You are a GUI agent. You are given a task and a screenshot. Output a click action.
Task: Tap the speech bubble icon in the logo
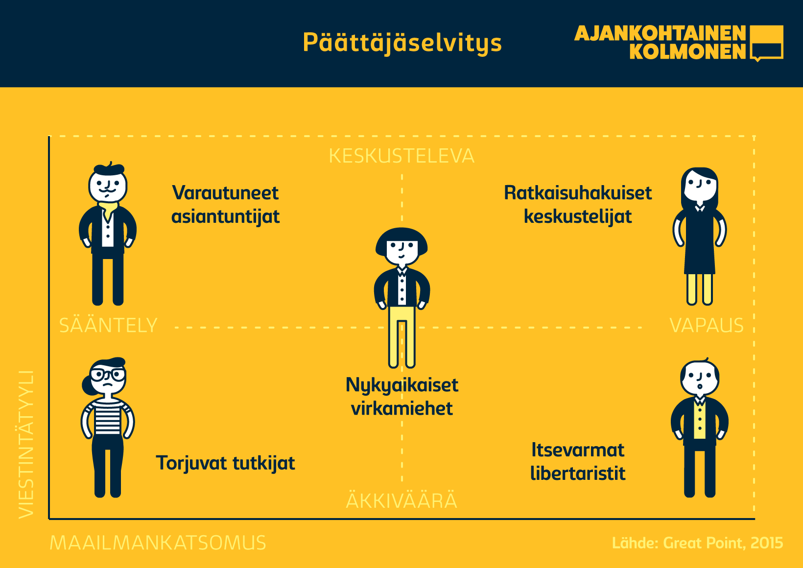[x=766, y=42]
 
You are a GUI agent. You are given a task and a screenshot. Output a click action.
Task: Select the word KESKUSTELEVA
[x=401, y=156]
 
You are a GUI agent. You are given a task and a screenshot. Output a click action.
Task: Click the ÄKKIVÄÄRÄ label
[x=401, y=500]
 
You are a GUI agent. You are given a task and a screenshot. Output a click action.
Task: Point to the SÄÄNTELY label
[x=108, y=325]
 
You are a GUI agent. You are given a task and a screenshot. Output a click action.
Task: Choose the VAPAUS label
[x=707, y=326]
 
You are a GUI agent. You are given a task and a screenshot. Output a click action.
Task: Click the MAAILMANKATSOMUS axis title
[x=158, y=543]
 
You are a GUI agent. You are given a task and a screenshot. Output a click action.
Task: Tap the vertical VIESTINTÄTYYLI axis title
[x=26, y=445]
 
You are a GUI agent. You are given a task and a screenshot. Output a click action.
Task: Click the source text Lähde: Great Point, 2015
[x=697, y=543]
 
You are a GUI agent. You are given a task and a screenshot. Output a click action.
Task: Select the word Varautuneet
[x=225, y=193]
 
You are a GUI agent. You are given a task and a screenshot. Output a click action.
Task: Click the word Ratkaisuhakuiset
[x=578, y=193]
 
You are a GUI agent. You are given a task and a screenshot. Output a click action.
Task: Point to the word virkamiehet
[x=402, y=408]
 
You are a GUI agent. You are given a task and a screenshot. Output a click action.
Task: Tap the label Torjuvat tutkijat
[x=225, y=463]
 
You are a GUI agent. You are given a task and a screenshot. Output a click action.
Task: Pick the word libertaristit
[x=578, y=473]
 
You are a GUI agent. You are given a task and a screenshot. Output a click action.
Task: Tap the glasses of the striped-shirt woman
[x=108, y=375]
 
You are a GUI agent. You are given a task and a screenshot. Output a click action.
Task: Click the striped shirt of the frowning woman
[x=108, y=417]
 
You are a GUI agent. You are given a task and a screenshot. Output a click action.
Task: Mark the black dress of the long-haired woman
[x=700, y=241]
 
